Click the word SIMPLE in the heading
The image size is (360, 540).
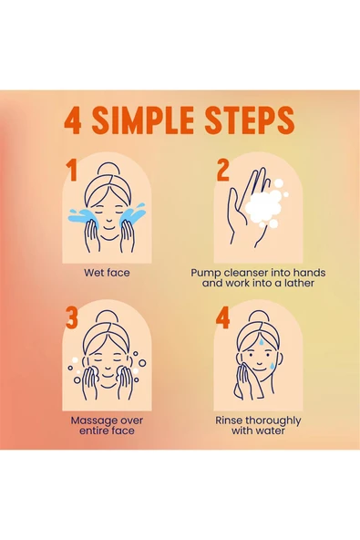[x=142, y=119]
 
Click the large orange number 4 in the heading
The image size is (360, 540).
[x=73, y=121]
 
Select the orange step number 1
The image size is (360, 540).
[x=71, y=170]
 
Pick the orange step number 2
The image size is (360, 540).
[x=222, y=170]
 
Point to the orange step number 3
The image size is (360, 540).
[x=72, y=317]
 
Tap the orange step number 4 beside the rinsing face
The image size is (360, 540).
[x=222, y=317]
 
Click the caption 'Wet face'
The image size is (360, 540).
[x=107, y=273]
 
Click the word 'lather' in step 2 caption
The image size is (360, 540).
[x=299, y=283]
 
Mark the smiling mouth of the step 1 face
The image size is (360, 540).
[x=108, y=227]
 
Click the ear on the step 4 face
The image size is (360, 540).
[x=280, y=358]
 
